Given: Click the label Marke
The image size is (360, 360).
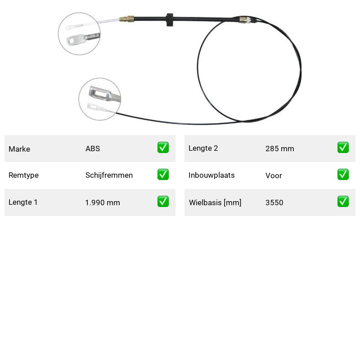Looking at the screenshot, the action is [19, 149].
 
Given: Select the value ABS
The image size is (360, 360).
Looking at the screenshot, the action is [93, 148].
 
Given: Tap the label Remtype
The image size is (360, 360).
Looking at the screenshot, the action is [24, 175].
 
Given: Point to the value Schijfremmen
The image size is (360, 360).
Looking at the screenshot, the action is [109, 175].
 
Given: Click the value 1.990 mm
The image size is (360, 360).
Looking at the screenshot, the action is [103, 202].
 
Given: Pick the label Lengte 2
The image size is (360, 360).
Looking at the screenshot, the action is [203, 148].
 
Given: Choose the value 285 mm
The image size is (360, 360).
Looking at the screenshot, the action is [279, 148].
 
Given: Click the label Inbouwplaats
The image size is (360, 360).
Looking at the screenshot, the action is [211, 175].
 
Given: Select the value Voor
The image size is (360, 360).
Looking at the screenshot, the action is [274, 175].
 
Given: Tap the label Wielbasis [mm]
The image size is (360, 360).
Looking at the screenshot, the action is [215, 202].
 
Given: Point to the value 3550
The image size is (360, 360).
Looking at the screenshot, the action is [274, 202].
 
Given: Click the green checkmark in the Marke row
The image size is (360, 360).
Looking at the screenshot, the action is [163, 148].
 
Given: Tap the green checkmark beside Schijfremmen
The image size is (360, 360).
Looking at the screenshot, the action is [163, 175].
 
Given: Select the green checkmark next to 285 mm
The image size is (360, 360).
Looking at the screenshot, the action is [343, 148].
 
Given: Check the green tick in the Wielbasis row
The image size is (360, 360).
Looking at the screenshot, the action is [343, 201].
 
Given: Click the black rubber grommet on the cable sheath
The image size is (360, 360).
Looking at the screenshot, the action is [170, 20].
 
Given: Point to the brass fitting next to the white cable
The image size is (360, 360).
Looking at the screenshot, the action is [126, 19].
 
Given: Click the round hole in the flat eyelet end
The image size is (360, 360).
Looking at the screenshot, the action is [72, 41].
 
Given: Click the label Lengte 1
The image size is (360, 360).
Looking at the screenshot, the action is [23, 202].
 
